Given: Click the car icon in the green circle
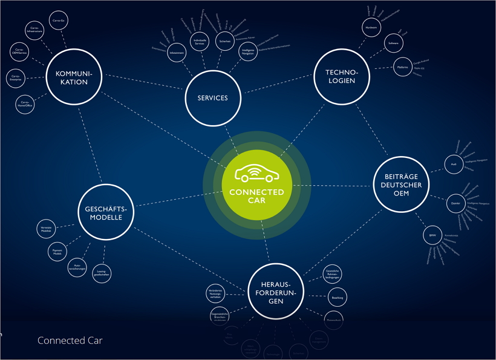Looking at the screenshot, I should (x=256, y=174).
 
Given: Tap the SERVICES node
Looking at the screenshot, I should (x=212, y=97).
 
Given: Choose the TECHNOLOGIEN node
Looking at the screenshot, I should (x=341, y=77).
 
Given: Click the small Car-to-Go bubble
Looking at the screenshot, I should (x=58, y=21).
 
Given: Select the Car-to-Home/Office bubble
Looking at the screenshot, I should (x=25, y=104).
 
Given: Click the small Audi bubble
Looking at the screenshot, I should (x=454, y=164).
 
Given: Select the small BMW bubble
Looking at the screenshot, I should (x=432, y=235).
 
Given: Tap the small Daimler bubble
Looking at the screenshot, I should (x=455, y=203).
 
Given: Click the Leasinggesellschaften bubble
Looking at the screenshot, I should (x=101, y=273).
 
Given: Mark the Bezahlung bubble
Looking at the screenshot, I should (x=337, y=298).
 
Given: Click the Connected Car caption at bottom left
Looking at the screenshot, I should (x=70, y=341).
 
